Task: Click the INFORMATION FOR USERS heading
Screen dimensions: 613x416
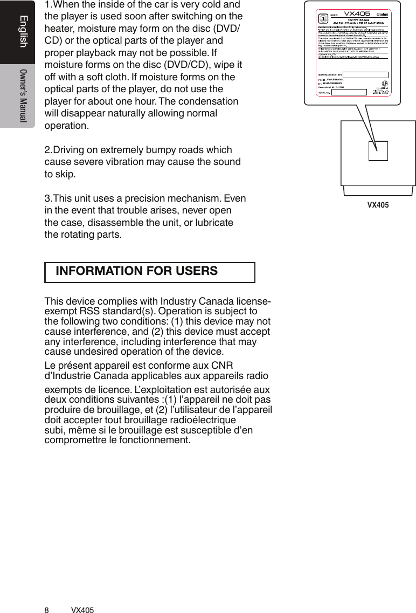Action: click(x=137, y=271)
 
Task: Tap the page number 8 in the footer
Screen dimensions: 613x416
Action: click(x=46, y=610)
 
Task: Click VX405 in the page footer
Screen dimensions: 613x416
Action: click(x=82, y=610)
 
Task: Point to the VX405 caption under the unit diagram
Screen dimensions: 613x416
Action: click(x=378, y=205)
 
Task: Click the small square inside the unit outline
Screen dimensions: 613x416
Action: click(x=378, y=151)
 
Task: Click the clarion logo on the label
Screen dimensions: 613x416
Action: click(x=383, y=15)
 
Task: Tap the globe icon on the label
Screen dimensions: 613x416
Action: click(x=323, y=18)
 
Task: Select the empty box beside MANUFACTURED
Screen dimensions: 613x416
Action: click(x=365, y=74)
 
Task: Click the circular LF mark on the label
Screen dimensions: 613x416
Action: click(x=385, y=84)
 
